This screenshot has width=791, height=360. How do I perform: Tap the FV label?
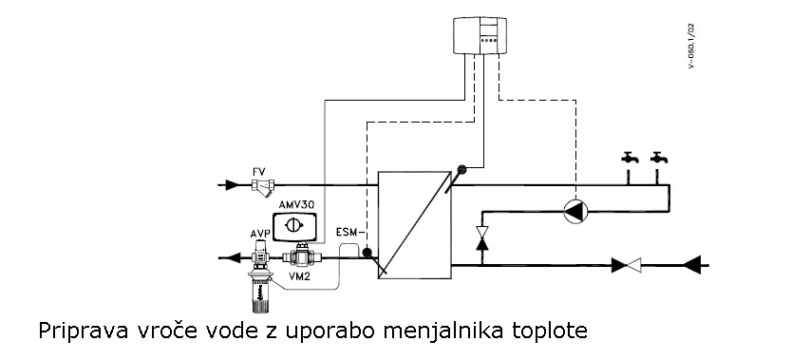(x=258, y=172)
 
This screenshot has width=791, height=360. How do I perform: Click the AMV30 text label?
(x=295, y=205)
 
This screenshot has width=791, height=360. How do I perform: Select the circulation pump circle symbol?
(x=575, y=211)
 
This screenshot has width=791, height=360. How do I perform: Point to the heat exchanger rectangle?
(x=413, y=225)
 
